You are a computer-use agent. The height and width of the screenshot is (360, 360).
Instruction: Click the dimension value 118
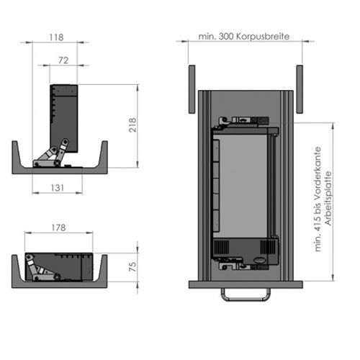pyautogui.click(x=56, y=37)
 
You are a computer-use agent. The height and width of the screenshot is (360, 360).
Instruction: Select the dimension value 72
pyautogui.click(x=63, y=60)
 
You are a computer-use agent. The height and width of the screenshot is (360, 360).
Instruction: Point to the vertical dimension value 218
pyautogui.click(x=132, y=125)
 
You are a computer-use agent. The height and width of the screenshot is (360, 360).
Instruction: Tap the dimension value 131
pyautogui.click(x=58, y=188)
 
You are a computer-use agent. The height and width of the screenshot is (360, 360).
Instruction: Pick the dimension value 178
pyautogui.click(x=58, y=228)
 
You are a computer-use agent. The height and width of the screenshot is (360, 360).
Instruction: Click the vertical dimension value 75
pyautogui.click(x=132, y=266)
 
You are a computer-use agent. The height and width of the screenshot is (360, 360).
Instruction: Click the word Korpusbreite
pyautogui.click(x=263, y=37)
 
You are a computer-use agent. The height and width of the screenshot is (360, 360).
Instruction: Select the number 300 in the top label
pyautogui.click(x=226, y=37)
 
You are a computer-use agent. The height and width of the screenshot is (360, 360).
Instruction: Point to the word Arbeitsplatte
pyautogui.click(x=328, y=198)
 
